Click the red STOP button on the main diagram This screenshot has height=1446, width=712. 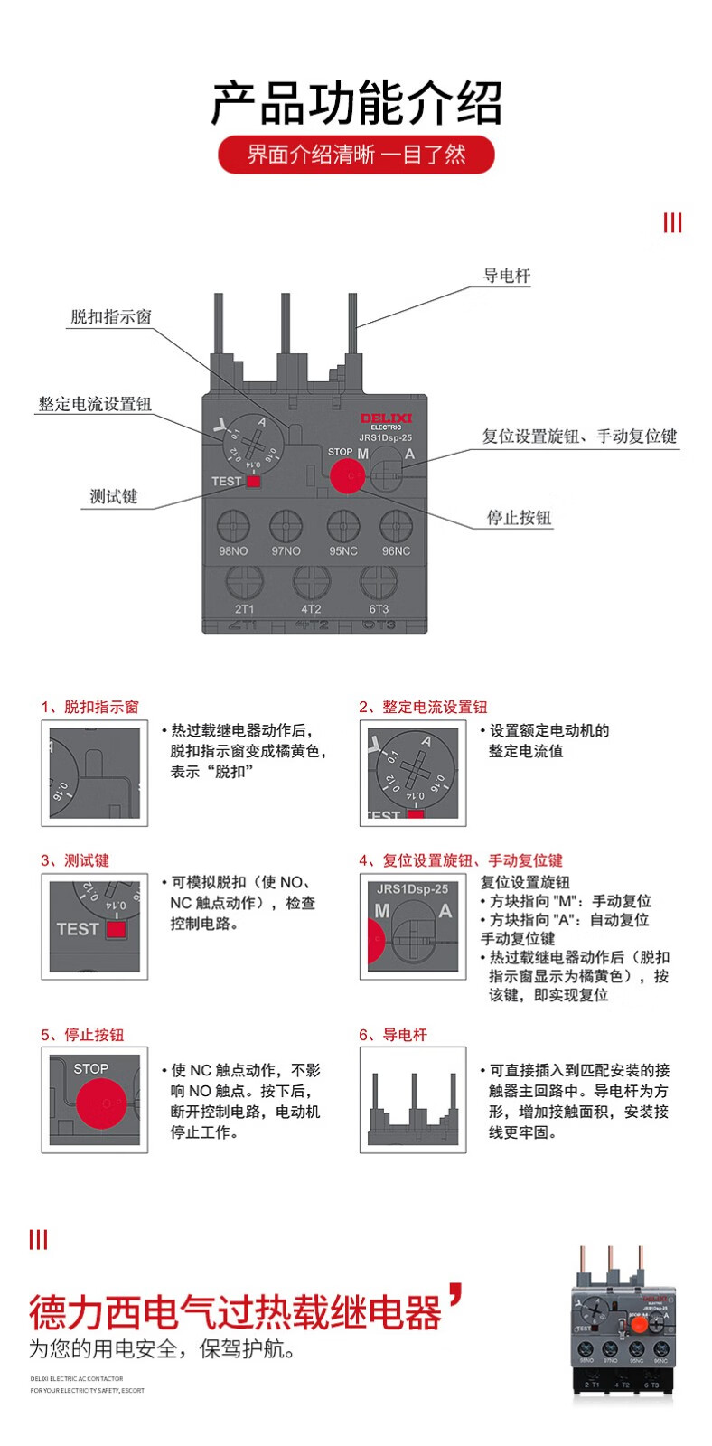[x=348, y=474]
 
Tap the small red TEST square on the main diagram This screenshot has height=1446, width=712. [x=253, y=482]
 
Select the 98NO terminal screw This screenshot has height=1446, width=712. [x=233, y=525]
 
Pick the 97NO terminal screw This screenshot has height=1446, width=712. [x=286, y=525]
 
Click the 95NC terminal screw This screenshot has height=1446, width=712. [x=343, y=525]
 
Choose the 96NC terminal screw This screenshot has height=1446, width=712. [x=396, y=525]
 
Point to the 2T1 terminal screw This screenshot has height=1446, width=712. [x=244, y=582]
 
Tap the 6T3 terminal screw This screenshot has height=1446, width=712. [x=379, y=582]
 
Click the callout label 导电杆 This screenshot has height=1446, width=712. [x=506, y=276]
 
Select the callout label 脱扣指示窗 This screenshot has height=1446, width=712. [x=111, y=317]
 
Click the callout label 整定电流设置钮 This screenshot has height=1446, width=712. [x=95, y=404]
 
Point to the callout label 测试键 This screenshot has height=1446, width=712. [x=114, y=496]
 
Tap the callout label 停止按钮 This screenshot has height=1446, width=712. [x=519, y=518]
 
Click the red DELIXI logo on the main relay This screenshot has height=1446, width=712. [x=386, y=418]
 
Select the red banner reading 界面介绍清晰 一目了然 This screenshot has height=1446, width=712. [x=356, y=155]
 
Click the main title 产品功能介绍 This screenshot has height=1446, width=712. [x=356, y=103]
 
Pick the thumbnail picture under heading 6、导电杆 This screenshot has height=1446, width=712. [x=413, y=1100]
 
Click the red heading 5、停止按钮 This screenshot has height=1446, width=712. [x=82, y=1035]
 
